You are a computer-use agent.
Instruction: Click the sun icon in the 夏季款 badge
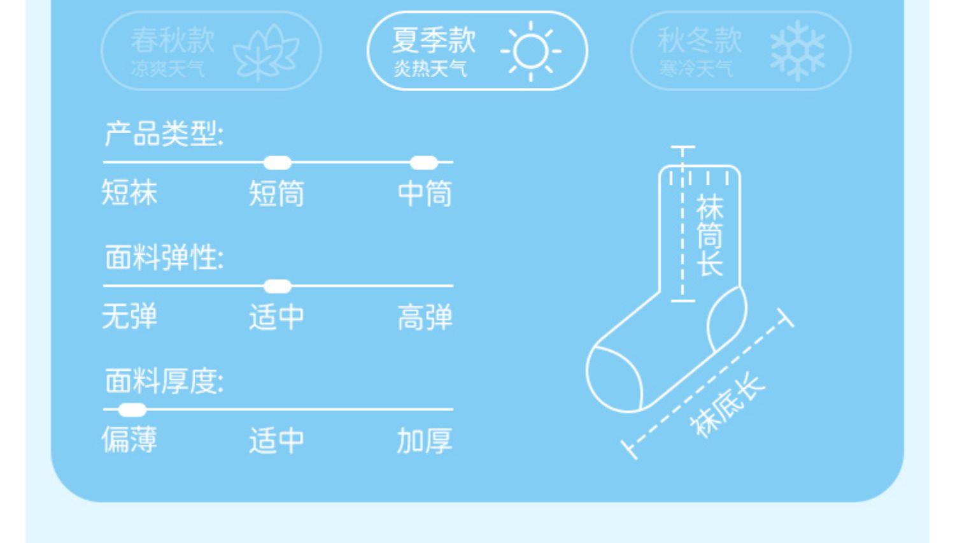[530, 51]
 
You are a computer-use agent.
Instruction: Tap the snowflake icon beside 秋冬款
[797, 51]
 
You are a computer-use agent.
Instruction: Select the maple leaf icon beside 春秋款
[265, 52]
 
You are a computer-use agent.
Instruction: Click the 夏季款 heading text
[434, 40]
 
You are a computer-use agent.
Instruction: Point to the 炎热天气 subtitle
[430, 68]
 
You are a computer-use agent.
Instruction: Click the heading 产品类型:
[164, 134]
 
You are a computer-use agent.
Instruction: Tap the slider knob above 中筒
[423, 163]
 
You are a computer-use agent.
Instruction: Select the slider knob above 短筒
[277, 163]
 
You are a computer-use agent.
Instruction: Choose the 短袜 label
[129, 192]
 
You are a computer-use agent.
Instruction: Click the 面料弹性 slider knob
[277, 286]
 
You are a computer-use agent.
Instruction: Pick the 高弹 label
[425, 317]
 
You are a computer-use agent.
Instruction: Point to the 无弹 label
[129, 316]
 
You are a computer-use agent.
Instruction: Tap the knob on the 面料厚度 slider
[132, 410]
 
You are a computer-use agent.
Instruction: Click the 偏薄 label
[129, 440]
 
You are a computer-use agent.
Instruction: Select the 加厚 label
[425, 440]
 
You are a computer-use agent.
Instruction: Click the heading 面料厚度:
[164, 381]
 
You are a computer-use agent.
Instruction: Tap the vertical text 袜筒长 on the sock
[710, 236]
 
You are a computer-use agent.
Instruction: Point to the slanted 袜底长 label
[728, 406]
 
